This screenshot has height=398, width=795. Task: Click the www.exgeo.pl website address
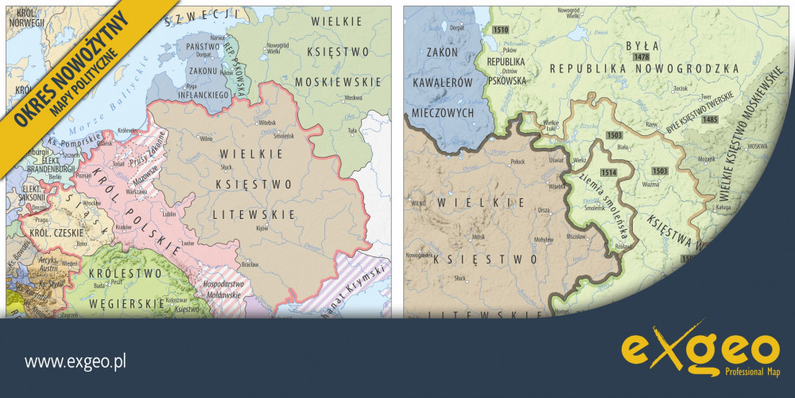pyautogui.click(x=76, y=362)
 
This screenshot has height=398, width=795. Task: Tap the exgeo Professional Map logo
pyautogui.click(x=700, y=353)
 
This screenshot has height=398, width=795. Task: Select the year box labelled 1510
pyautogui.click(x=500, y=29)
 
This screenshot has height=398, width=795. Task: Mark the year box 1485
pyautogui.click(x=710, y=119)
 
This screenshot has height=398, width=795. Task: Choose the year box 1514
pyautogui.click(x=609, y=172)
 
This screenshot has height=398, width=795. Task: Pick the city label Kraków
pyautogui.click(x=122, y=227)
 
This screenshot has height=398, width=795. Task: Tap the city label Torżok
pyautogui.click(x=680, y=88)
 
